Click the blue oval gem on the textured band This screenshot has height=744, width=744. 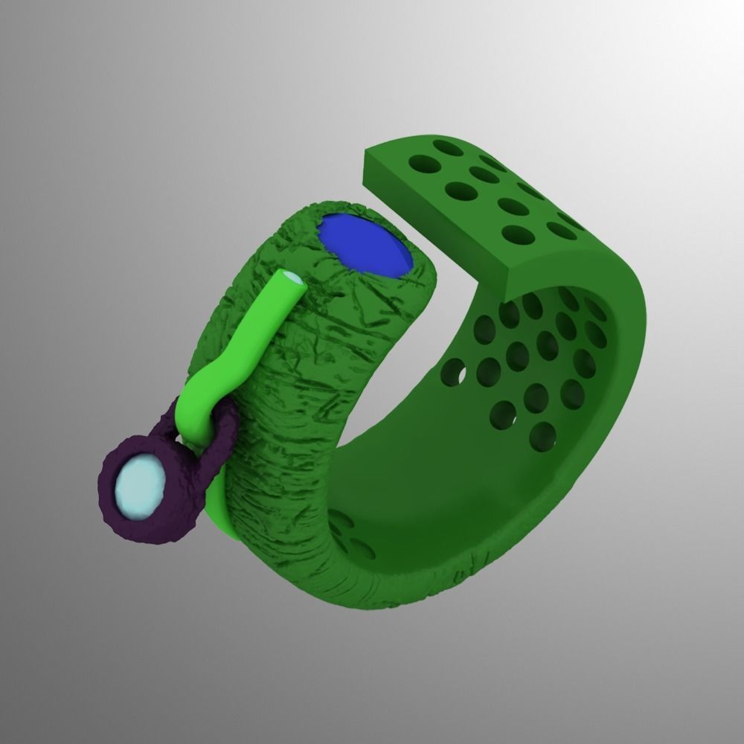click(365, 244)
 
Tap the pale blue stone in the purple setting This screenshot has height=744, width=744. click(139, 488)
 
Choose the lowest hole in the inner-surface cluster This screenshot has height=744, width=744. click(543, 436)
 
